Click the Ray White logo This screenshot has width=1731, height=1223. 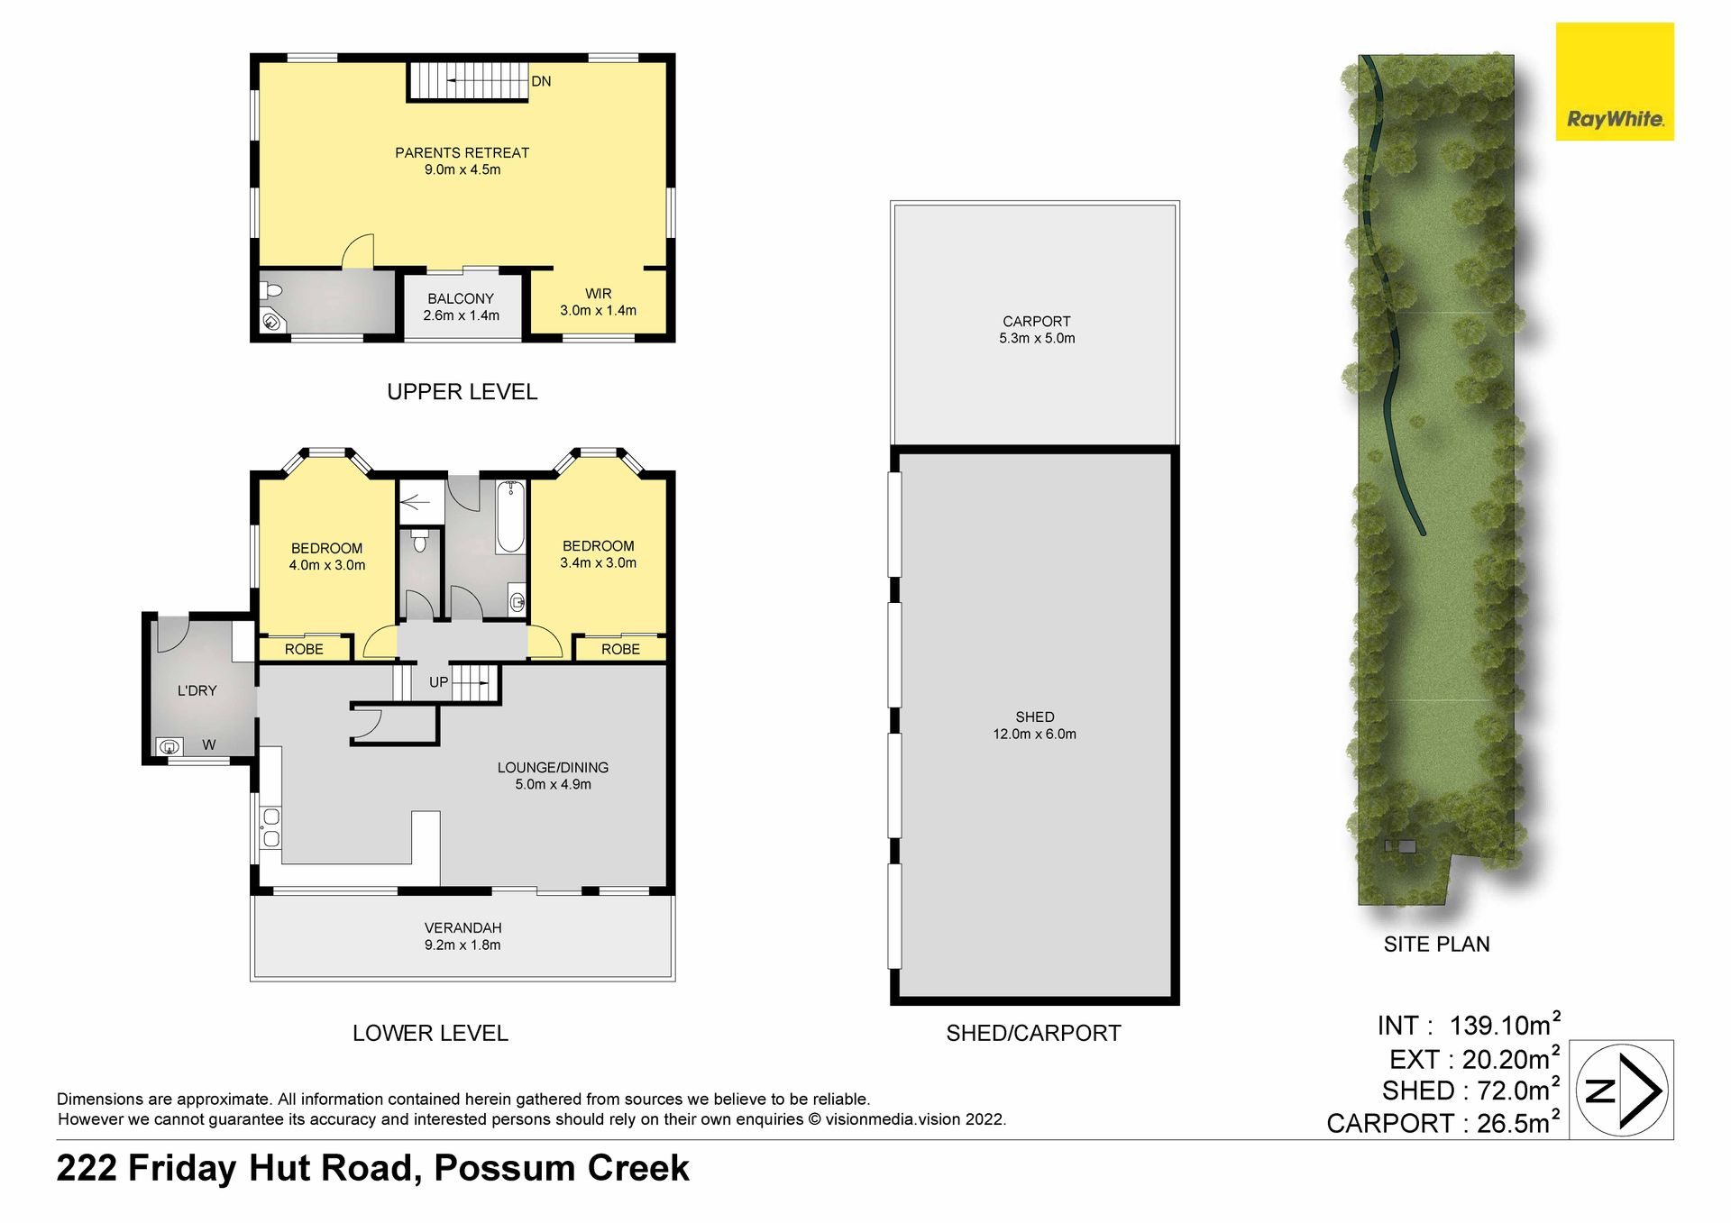(1615, 82)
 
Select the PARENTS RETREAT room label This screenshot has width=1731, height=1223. (462, 153)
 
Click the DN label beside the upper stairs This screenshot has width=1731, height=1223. (541, 81)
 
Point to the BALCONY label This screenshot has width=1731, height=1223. (461, 298)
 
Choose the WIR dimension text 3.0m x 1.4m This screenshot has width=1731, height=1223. (598, 311)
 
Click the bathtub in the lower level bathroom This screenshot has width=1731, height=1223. (510, 516)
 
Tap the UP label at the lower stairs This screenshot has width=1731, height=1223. (439, 682)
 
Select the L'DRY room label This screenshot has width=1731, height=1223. (197, 690)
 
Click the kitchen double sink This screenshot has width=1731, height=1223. (270, 828)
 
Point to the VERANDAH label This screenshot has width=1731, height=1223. (463, 927)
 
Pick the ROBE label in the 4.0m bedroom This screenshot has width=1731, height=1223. (304, 649)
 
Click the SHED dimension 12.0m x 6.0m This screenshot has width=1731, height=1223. (1034, 735)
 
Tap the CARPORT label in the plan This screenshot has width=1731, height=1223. (1037, 322)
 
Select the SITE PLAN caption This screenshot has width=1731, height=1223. (1437, 945)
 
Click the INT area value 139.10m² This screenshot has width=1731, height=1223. (1505, 1024)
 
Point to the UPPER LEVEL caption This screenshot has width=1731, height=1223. (463, 392)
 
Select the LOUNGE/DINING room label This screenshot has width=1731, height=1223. (553, 768)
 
